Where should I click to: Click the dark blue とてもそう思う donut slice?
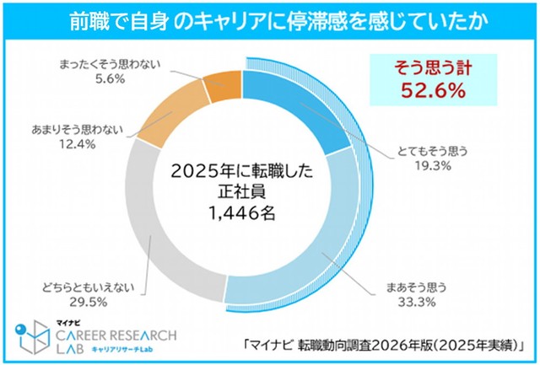point(283,100)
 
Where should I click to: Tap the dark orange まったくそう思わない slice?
point(224,88)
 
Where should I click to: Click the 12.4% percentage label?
point(75,144)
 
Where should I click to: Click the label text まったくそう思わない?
point(107,63)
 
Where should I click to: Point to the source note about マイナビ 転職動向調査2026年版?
point(384,344)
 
